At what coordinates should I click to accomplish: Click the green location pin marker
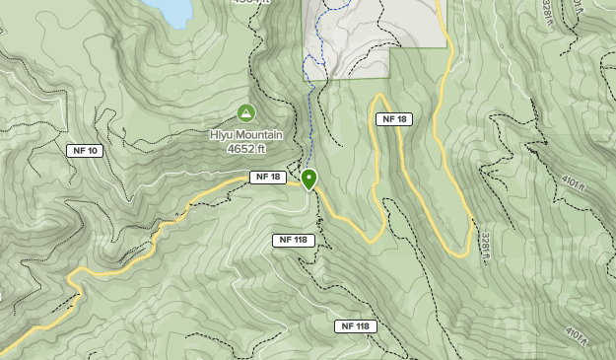click(x=309, y=180)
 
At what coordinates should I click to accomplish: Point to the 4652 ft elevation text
click(x=246, y=149)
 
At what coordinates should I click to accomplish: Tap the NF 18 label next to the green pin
click(x=267, y=178)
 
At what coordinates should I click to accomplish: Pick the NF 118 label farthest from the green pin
click(x=357, y=326)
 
